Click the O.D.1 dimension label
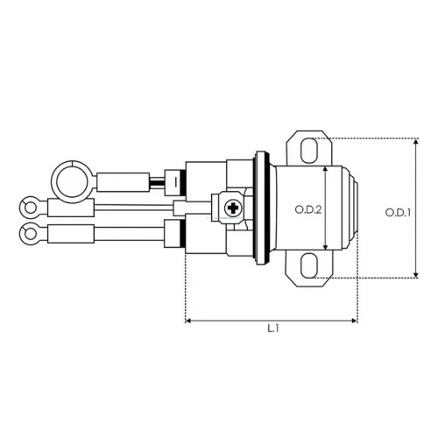(398, 213)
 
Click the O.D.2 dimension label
(308, 209)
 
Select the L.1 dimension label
(273, 328)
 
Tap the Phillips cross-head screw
(233, 208)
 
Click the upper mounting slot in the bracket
(309, 151)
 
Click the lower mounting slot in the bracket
(309, 265)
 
